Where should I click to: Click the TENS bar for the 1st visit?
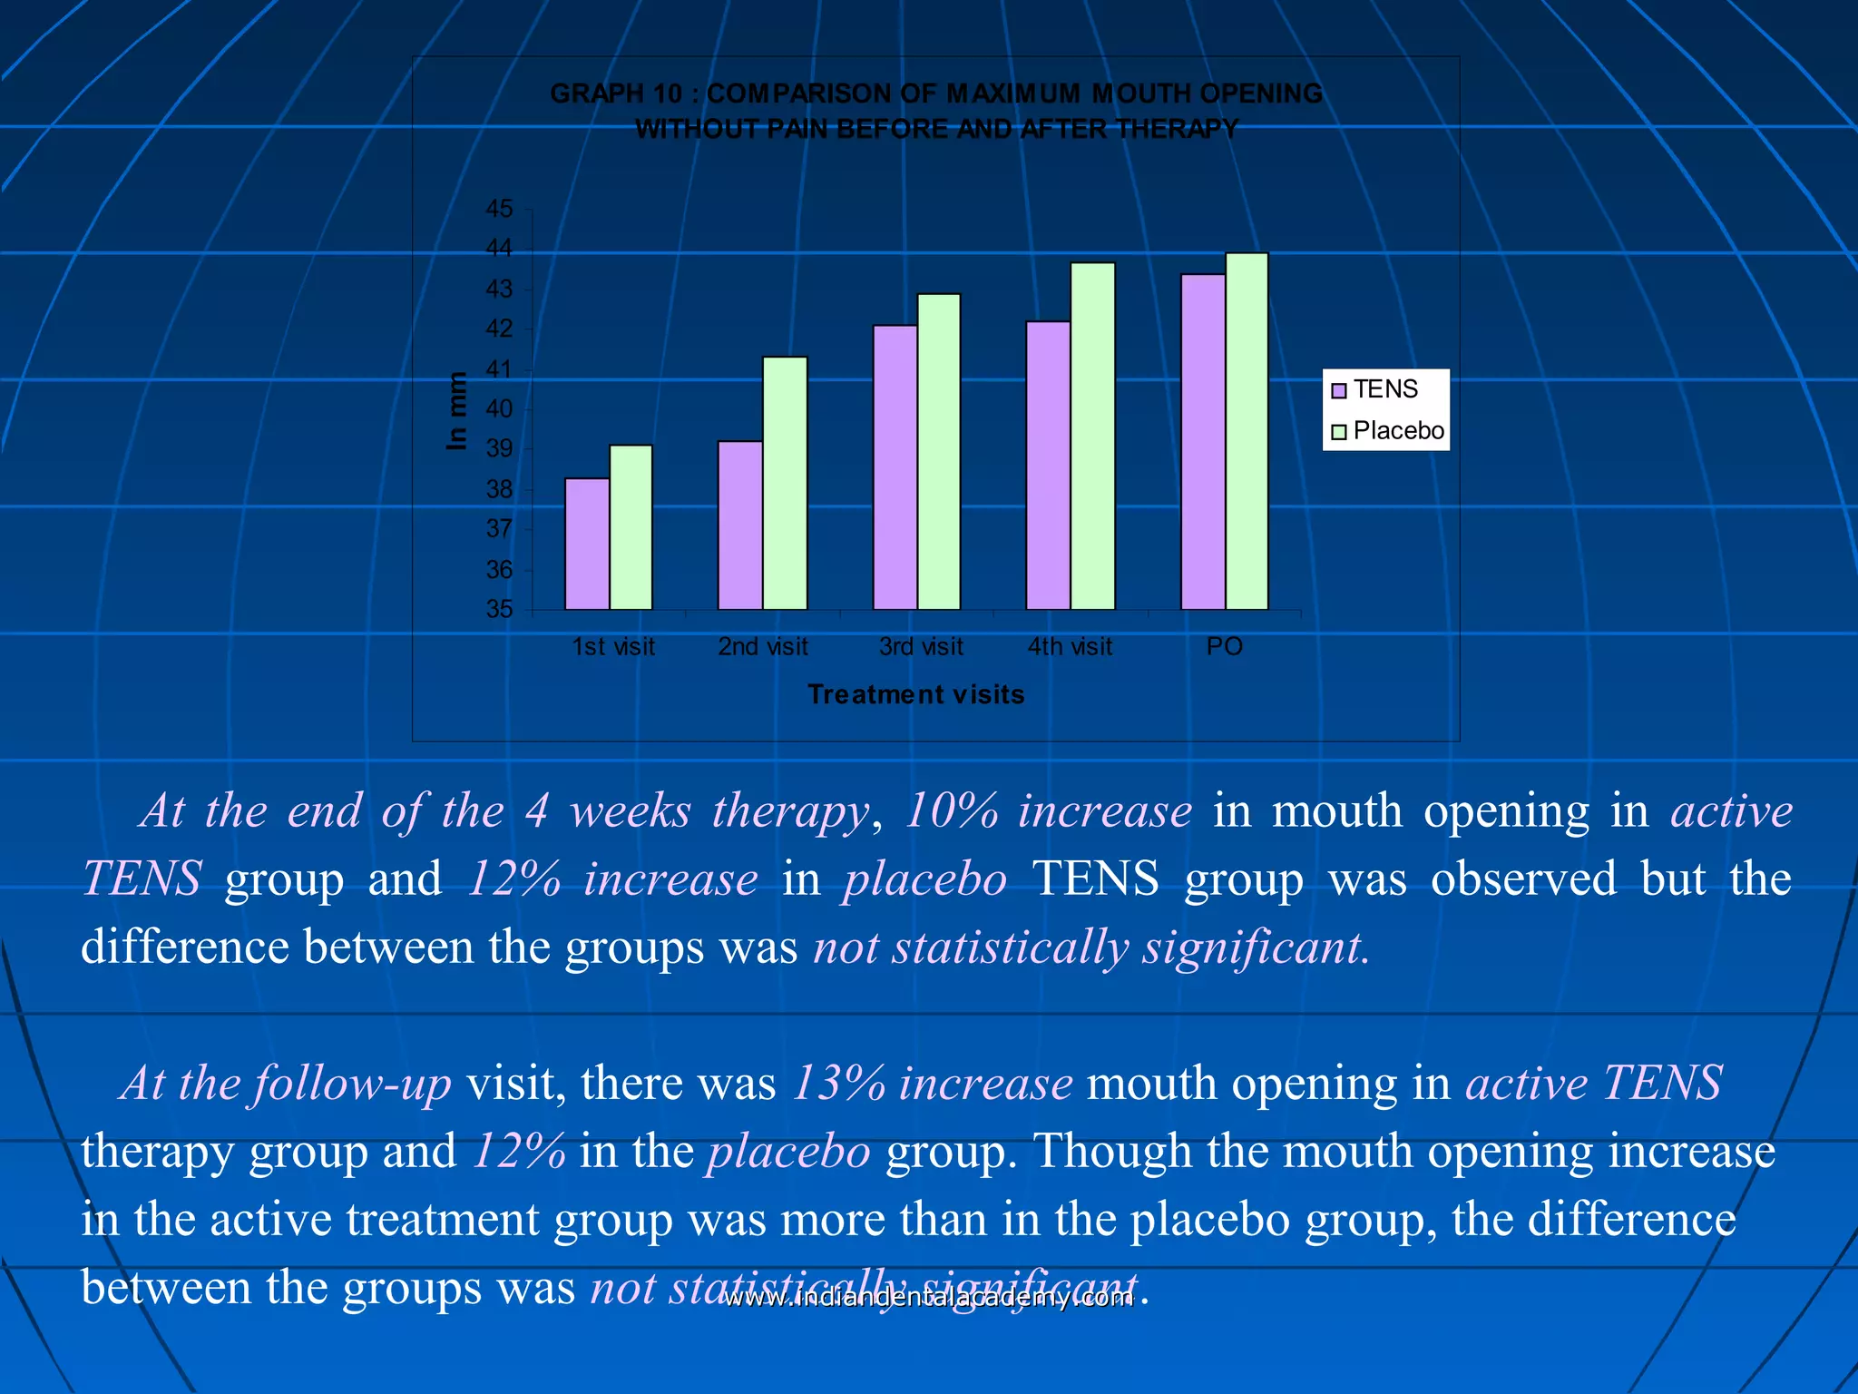coord(587,544)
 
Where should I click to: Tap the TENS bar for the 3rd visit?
coord(895,466)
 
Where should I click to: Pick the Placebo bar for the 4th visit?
coord(1092,436)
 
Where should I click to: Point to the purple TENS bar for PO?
coord(1203,441)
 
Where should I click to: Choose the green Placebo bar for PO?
coord(1247,431)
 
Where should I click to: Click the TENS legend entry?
coord(1375,389)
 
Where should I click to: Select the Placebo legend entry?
coord(1388,431)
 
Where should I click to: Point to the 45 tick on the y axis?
coord(500,209)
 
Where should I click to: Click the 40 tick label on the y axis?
coord(500,409)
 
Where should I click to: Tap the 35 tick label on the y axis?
coord(500,609)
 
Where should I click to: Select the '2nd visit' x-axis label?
coord(763,647)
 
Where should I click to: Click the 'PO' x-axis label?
coord(1224,647)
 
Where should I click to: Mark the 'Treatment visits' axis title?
coord(916,694)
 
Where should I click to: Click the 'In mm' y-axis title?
coord(457,411)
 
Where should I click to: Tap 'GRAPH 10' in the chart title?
coord(616,93)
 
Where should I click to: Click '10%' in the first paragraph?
coord(952,810)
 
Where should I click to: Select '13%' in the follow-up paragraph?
coord(838,1083)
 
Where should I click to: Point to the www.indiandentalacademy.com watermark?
coord(929,1299)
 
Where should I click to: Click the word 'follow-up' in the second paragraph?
coord(353,1083)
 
